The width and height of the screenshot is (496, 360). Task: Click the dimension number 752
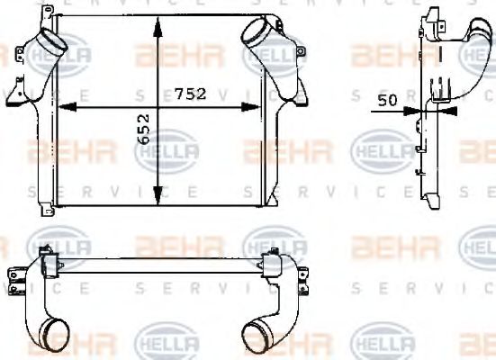point(191,94)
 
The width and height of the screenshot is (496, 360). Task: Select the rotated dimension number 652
point(144,129)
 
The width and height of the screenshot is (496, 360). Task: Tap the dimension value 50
point(388,101)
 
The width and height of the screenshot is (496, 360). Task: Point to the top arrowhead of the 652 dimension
point(158,27)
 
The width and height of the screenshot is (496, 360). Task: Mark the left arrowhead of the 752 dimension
point(67,107)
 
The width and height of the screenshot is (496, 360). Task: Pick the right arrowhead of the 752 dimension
point(251,107)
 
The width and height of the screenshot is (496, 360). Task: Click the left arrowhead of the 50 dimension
point(413,111)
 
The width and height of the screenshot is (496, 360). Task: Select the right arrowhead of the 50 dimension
point(447,111)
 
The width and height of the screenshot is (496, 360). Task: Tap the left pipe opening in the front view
point(52,41)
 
